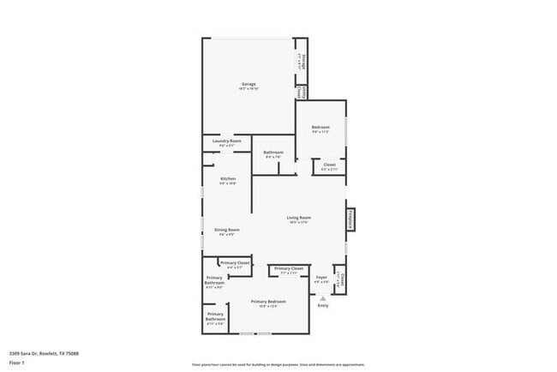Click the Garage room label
click(x=249, y=84)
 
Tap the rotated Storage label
click(x=303, y=60)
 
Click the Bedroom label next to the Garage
click(x=320, y=128)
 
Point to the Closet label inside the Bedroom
click(x=329, y=165)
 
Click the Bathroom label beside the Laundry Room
click(x=273, y=153)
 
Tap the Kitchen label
click(x=227, y=179)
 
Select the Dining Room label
click(x=227, y=230)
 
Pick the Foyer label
click(x=321, y=278)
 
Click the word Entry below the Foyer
click(x=323, y=305)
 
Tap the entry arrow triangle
click(x=323, y=297)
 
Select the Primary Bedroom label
click(x=268, y=302)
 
